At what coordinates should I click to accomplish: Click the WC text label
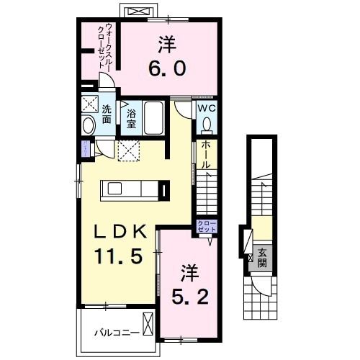(x=207, y=109)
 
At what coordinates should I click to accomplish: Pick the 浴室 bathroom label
(x=132, y=118)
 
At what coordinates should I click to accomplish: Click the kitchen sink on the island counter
(x=115, y=189)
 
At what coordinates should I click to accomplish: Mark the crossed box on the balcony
(x=148, y=325)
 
